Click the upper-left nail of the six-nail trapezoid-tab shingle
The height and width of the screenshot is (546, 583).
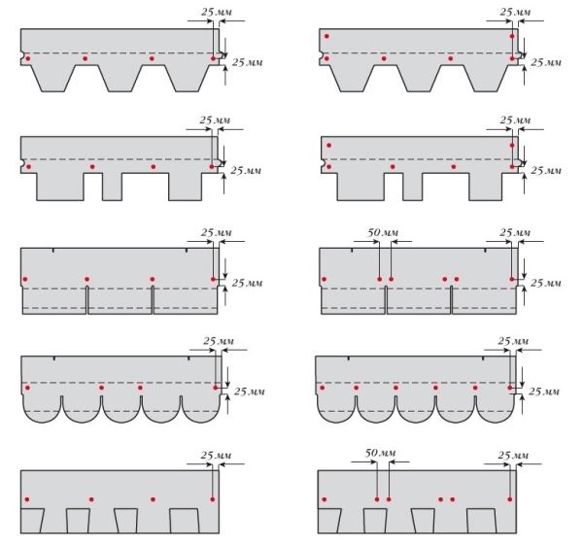pos(326,36)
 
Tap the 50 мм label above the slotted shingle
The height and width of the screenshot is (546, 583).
pos(383,232)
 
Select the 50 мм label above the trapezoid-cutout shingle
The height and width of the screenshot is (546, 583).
pos(380,453)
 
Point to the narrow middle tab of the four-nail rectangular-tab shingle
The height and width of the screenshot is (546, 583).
pos(112,187)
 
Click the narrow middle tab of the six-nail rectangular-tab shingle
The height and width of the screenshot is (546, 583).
pos(412,187)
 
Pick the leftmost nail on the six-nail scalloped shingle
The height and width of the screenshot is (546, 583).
pos(322,388)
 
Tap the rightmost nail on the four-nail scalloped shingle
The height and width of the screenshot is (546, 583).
pos(216,388)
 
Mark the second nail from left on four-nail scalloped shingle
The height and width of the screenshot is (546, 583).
pos(101,388)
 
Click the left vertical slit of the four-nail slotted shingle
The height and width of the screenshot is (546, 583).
pos(87,300)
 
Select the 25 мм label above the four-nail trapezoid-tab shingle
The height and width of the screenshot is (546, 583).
pos(217,12)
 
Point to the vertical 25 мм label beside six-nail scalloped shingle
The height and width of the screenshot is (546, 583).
pos(544,392)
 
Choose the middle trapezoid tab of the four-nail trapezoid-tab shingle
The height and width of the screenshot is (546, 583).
pos(120,79)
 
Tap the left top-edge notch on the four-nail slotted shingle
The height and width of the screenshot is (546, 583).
pos(52,251)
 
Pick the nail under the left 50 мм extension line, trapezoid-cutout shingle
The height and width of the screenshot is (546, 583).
pos(377,499)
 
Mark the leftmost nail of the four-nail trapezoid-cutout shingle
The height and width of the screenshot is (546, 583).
pos(27,499)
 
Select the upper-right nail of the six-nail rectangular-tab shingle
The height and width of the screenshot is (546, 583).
pos(512,145)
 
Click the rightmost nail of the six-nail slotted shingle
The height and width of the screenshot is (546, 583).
pos(512,279)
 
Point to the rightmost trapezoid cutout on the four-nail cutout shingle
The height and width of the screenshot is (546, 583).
pos(184,521)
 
